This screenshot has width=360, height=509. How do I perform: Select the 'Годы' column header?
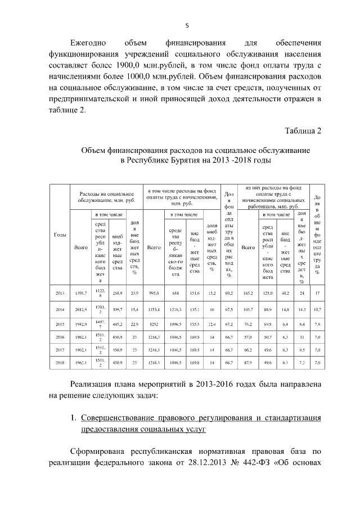tap(60, 235)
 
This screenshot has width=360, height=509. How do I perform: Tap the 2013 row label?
tap(60, 293)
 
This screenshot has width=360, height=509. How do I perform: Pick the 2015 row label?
tap(60, 325)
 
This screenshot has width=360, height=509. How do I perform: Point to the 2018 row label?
tap(60, 364)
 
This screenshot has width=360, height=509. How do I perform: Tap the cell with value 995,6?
tap(154, 293)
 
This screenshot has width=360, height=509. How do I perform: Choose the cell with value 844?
tap(175, 293)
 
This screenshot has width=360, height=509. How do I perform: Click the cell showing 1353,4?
tap(154, 309)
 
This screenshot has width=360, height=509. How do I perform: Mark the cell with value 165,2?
tap(248, 293)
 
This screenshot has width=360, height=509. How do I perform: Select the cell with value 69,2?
tap(229, 293)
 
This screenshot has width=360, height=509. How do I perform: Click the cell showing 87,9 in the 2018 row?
tap(248, 364)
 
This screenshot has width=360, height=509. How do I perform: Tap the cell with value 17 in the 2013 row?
tap(317, 293)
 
